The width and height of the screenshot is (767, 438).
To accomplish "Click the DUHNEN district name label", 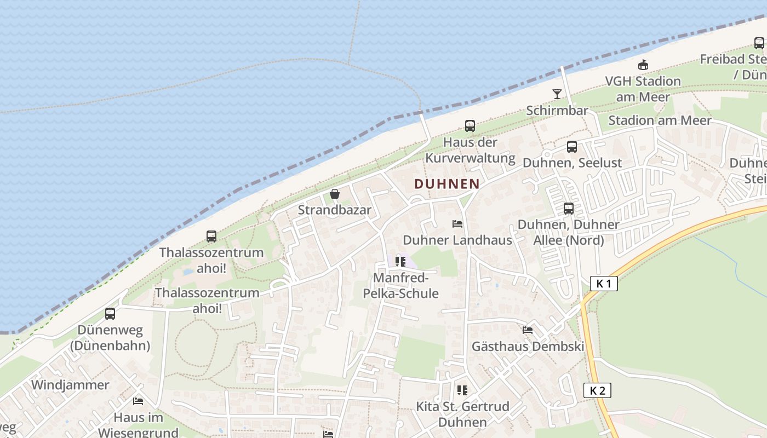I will coord(447,184).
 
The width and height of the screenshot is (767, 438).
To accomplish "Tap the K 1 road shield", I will coord(604,284).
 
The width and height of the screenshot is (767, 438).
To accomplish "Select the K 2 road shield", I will coord(597,390).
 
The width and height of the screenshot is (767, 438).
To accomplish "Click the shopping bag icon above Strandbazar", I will coord(335,194).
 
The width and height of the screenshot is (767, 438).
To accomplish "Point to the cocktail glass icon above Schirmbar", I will coord(557,94).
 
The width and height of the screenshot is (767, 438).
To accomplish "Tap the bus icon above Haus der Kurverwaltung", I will coord(470,126).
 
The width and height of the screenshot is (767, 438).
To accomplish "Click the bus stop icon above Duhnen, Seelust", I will coord(572,147).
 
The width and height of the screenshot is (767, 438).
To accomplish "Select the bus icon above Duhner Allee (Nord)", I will coord(569,209).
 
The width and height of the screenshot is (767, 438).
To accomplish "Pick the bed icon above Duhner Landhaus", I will coord(457,224).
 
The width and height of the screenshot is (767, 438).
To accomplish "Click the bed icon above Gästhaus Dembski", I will coord(528,330).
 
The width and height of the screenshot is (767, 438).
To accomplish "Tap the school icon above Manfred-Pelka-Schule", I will coord(400,261).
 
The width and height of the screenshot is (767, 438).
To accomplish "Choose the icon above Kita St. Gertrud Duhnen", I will coord(462,390).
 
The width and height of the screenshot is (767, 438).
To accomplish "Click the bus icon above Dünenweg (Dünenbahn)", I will coord(110,314).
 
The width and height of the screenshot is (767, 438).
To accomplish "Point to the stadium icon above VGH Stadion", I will coord(643,65).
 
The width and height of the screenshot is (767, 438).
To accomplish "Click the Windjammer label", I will coord(70,385).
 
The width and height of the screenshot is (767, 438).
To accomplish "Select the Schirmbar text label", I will coord(557,111).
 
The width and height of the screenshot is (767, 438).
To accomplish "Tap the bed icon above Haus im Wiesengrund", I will coord(138,401).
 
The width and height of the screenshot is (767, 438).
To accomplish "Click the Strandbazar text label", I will coord(335,210).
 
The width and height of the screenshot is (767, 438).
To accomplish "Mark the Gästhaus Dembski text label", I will coord(528,347).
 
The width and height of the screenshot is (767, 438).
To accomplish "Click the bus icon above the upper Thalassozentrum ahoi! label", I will coord(211,237).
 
